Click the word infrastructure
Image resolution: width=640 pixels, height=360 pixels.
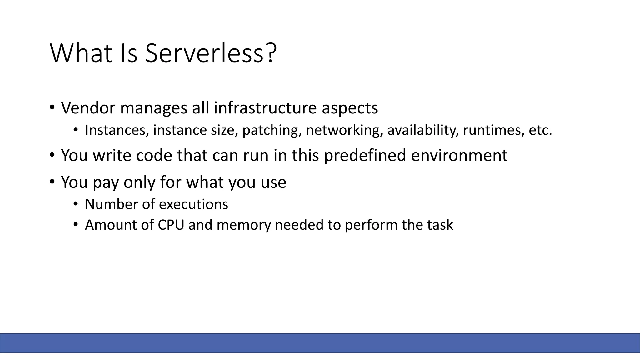(x=265, y=108)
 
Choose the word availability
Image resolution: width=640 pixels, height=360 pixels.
(x=423, y=130)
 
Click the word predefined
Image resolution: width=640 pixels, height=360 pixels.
(x=365, y=155)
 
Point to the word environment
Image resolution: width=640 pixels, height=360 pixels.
(x=459, y=155)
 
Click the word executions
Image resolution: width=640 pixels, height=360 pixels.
(x=193, y=204)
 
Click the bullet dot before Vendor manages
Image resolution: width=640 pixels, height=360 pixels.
(x=52, y=108)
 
